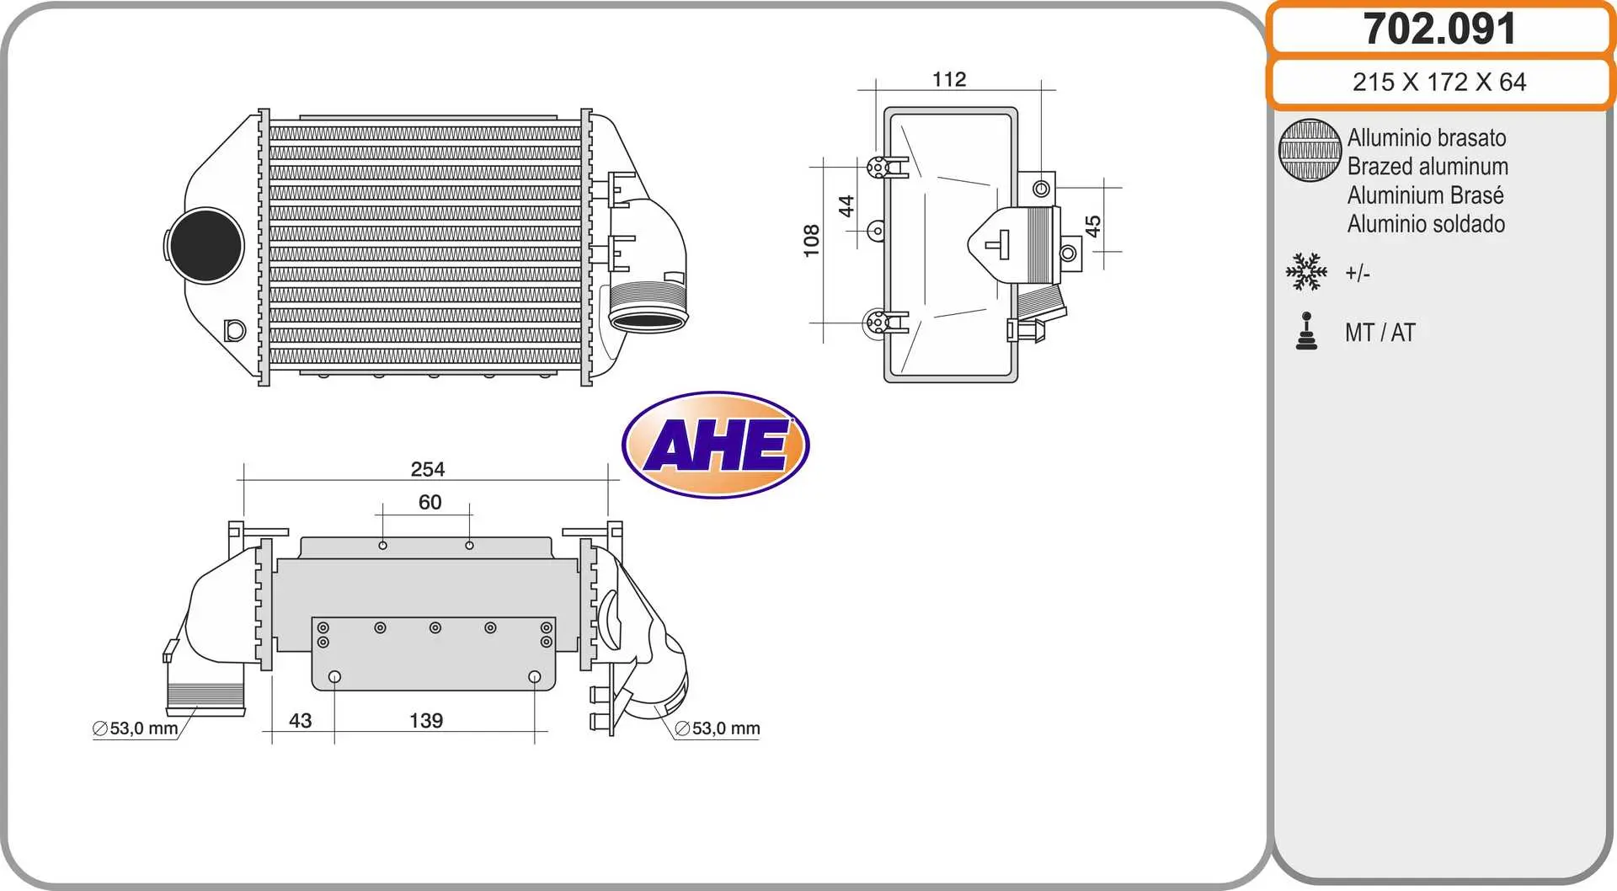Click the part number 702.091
point(1439,29)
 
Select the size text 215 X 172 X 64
point(1439,82)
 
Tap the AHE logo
point(716,445)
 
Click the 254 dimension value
point(428,469)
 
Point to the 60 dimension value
point(430,502)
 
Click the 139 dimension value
point(426,721)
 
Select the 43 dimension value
point(301,721)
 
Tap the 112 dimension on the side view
point(949,79)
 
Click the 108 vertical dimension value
point(811,241)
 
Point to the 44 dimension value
point(846,206)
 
